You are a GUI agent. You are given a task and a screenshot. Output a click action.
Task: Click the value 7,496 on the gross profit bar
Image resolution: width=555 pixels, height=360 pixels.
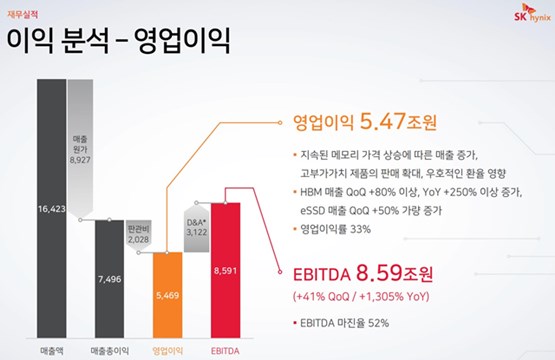(109, 279)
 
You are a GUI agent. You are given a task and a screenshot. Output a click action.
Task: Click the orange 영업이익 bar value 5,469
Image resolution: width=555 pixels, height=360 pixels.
(168, 297)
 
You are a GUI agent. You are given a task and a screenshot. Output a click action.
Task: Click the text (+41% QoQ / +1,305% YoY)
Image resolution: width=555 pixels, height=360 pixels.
(372, 296)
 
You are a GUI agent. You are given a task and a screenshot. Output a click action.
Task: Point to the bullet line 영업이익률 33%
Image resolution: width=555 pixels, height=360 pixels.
(341, 229)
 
